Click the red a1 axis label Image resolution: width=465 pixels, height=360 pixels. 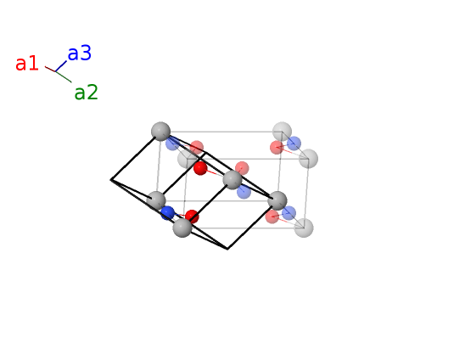coord(27,63)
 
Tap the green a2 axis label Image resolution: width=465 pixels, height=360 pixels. coord(86,92)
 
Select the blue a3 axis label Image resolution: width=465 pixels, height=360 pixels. coord(80,53)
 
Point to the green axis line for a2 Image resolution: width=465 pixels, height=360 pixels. coord(64,77)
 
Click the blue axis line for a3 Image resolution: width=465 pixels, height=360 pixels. coord(61,66)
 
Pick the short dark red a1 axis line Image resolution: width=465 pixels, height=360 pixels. coord(50,69)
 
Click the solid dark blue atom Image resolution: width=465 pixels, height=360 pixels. coord(167,213)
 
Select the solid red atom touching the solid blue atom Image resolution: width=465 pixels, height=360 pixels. coord(192,217)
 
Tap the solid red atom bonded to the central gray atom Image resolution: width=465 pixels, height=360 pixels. coord(200,168)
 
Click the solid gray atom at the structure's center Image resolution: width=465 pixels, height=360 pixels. coord(232,180)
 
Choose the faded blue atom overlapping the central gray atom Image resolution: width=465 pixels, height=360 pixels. coord(244,192)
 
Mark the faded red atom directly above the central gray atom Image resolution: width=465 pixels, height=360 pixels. coord(242,168)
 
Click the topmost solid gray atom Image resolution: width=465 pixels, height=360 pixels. coord(160,131)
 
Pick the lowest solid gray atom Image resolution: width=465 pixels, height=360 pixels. coord(182,228)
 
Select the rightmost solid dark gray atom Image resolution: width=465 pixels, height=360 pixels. coord(277,201)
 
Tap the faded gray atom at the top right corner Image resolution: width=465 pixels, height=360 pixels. coord(282,131)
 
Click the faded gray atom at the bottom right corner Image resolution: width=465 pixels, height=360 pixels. coord(304,228)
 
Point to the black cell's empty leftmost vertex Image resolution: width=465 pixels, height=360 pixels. coord(111,180)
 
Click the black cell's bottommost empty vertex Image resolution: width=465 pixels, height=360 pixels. coord(227,249)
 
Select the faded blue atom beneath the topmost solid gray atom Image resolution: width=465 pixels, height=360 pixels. coord(172,143)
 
